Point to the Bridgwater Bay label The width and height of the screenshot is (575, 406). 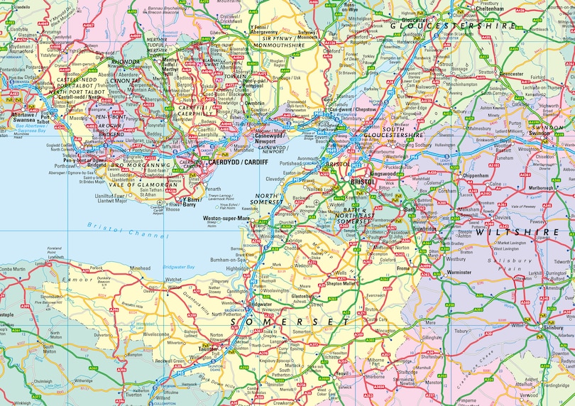tap(179, 266)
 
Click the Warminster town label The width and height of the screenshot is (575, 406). tap(459, 272)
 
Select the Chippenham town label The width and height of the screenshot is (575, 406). tap(476, 174)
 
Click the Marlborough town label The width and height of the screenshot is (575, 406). tap(540, 189)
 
